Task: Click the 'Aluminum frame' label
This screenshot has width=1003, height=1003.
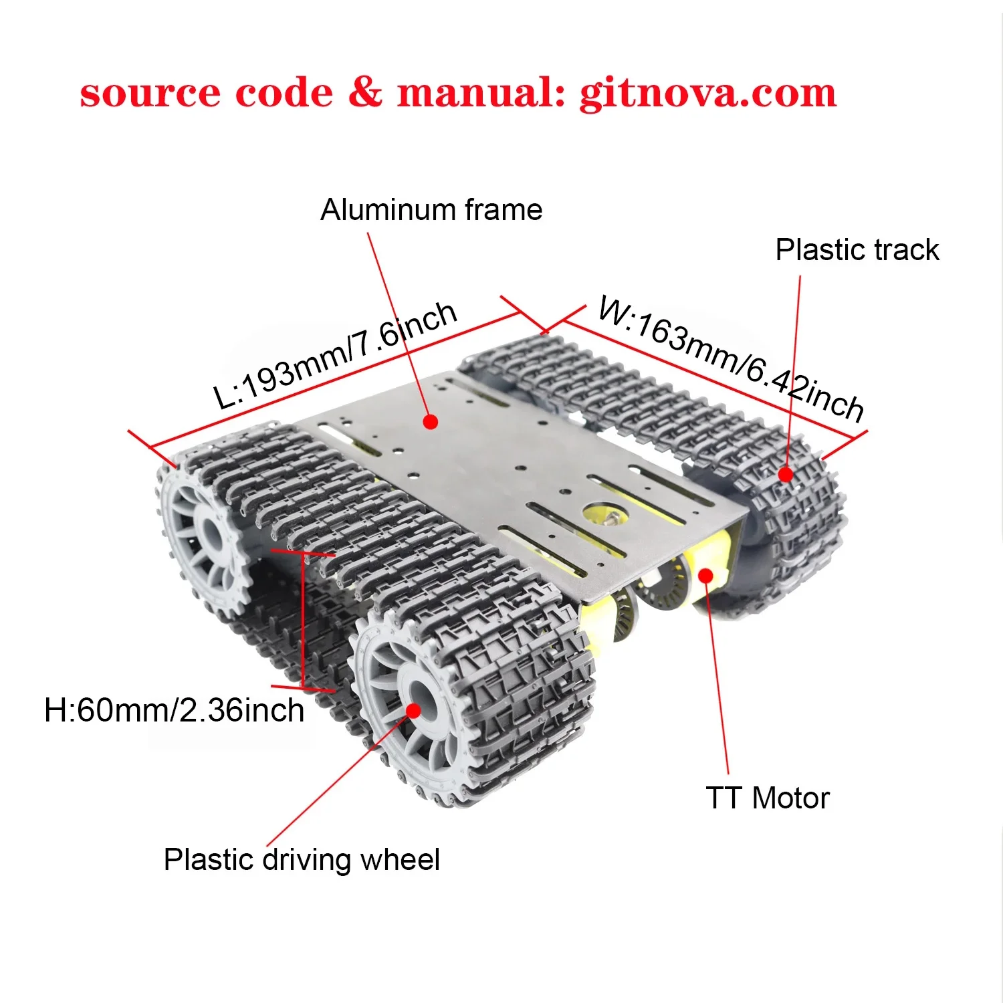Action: (431, 210)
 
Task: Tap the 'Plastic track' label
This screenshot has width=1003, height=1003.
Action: (857, 250)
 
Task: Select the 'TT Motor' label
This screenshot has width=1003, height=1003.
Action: (767, 798)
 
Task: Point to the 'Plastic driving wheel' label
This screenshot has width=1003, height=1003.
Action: (302, 860)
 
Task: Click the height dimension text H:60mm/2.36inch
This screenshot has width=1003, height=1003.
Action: (174, 710)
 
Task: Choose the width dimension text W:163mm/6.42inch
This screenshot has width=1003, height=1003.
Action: (731, 358)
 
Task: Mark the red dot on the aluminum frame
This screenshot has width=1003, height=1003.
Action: (431, 422)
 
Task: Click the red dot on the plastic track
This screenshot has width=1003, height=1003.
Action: (786, 475)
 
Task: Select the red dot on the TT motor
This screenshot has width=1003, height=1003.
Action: (705, 574)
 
